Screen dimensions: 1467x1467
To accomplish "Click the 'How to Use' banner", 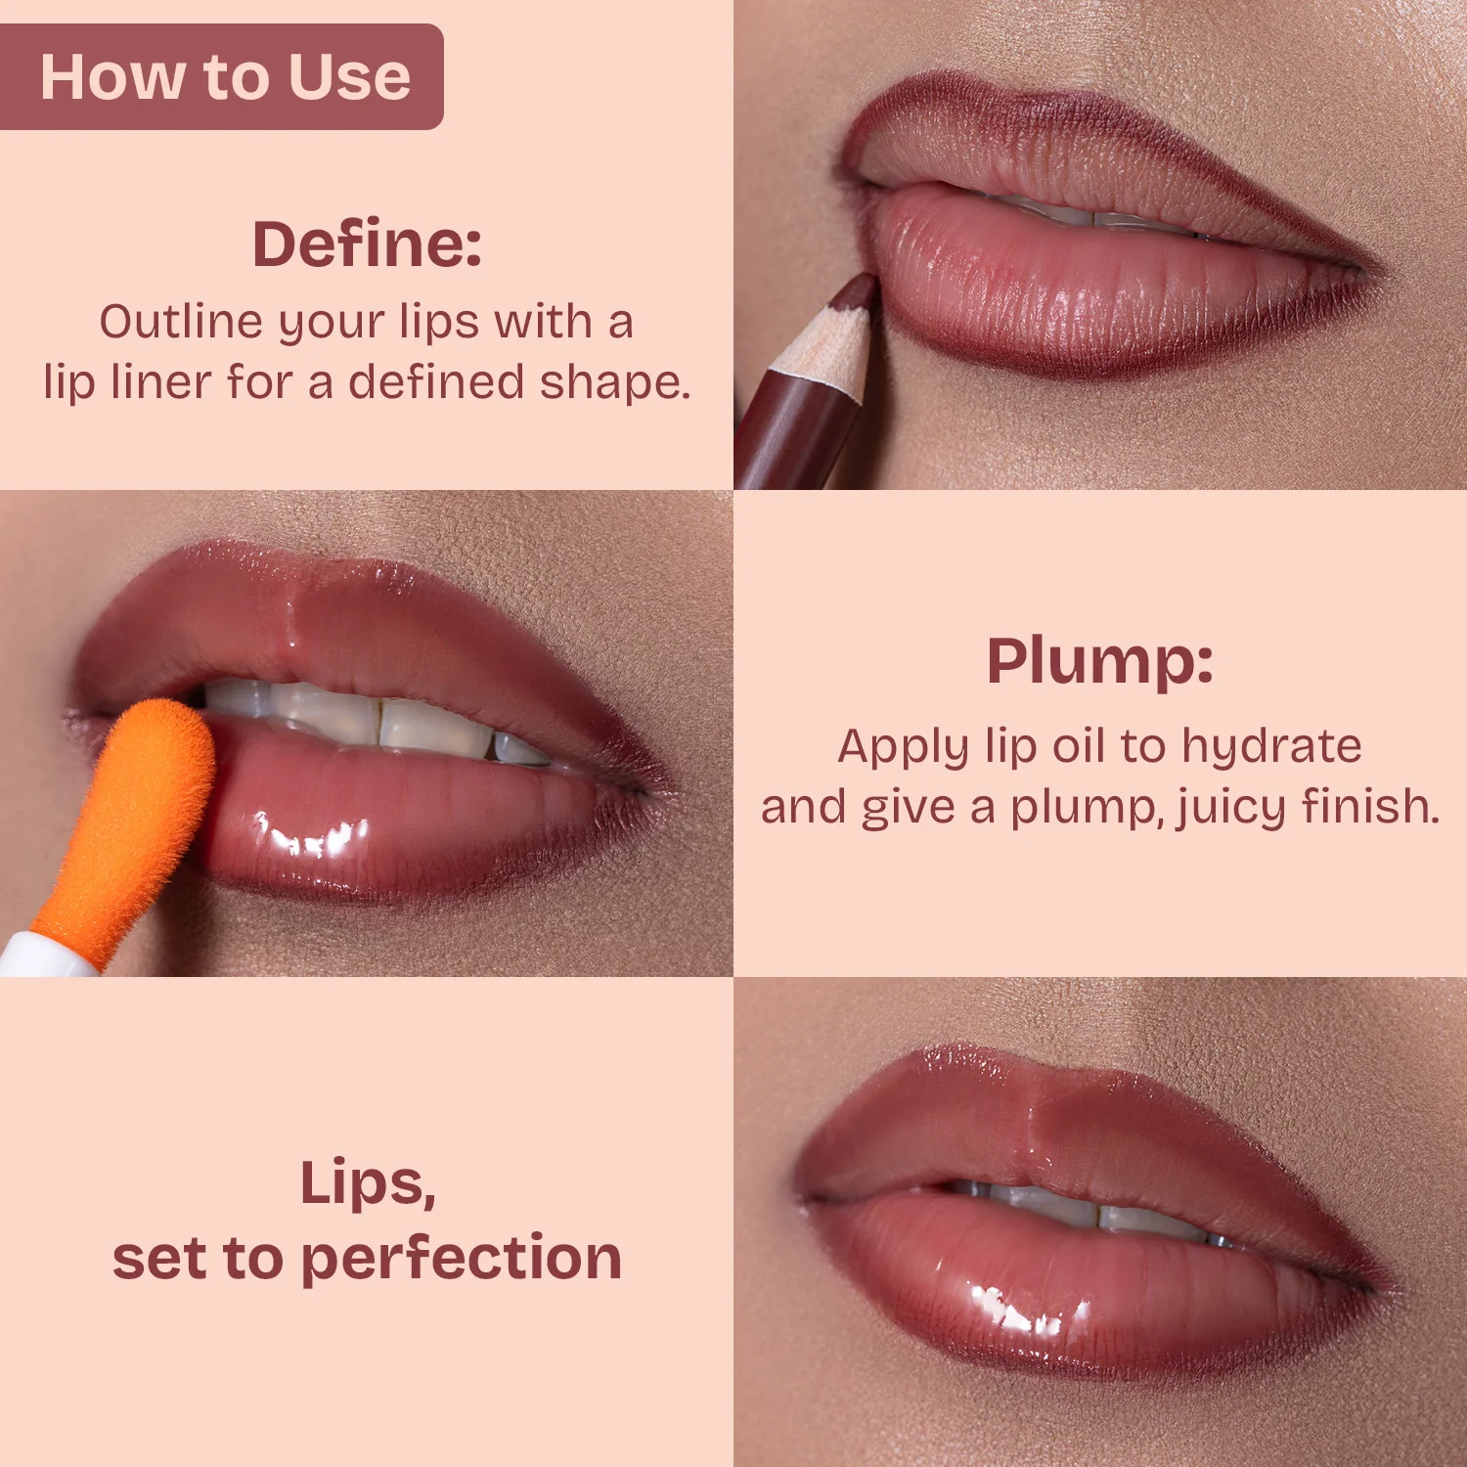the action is tap(221, 76).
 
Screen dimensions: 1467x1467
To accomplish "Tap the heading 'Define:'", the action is tap(367, 244).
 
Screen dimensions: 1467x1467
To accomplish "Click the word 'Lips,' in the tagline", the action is tap(368, 1184).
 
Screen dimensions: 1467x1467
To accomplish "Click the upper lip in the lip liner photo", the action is tap(1095, 156).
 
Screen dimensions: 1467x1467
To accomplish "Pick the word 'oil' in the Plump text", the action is tap(1079, 747).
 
